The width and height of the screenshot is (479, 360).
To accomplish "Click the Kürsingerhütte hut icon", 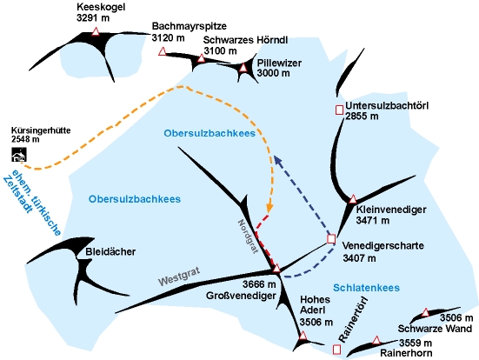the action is click(19, 155).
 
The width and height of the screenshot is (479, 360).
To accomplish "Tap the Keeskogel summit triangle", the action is click(96, 31).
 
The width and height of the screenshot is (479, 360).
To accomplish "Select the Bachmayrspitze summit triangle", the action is click(163, 51).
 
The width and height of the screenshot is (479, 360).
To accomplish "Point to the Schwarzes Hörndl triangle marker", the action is click(201, 58).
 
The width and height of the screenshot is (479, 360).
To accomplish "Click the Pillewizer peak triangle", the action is click(243, 68).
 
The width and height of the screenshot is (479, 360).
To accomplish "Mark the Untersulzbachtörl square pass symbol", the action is click(339, 110).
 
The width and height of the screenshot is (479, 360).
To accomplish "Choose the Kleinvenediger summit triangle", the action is click(353, 199).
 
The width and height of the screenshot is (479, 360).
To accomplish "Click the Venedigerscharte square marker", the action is click(331, 239).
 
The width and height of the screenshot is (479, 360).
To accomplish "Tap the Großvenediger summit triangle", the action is click(276, 269).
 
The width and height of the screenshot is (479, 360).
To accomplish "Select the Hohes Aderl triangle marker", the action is click(303, 336).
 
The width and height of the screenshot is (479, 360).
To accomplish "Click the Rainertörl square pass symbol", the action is click(337, 350).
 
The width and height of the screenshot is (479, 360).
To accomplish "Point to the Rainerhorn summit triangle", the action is click(376, 340).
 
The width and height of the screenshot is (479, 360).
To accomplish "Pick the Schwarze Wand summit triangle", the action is click(425, 313).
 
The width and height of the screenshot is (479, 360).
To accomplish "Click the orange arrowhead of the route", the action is click(269, 208).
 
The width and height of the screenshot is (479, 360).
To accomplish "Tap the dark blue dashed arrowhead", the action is click(277, 159).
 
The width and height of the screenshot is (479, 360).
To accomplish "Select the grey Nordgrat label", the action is click(248, 237).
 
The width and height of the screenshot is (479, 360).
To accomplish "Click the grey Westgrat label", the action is click(179, 276).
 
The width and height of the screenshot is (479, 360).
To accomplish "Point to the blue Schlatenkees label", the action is click(366, 288).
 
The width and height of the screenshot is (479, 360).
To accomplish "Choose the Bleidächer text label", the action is click(110, 252).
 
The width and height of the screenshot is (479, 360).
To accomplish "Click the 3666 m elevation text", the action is click(259, 284).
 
